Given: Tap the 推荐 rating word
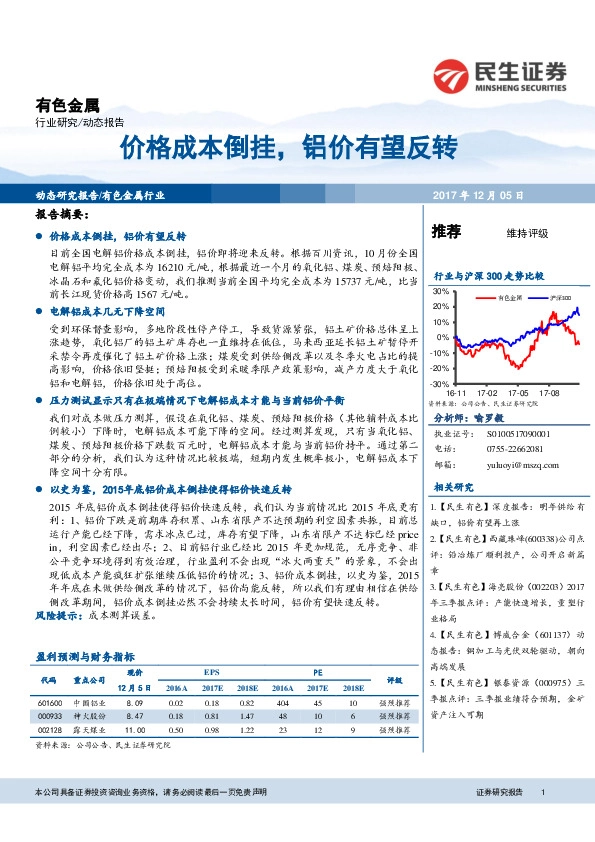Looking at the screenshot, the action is coord(446,231).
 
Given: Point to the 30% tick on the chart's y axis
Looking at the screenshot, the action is coord(440,290).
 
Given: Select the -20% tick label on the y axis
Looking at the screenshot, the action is coord(439,368).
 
